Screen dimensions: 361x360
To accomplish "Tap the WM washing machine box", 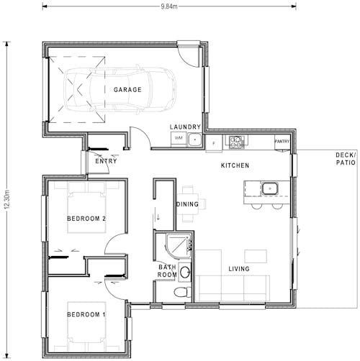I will pyautogui.click(x=178, y=137).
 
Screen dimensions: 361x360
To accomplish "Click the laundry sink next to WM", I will pyautogui.click(x=193, y=138).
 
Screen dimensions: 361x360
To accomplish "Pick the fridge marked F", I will pyautogui.click(x=214, y=142).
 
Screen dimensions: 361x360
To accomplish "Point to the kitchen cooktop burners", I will pyautogui.click(x=235, y=142).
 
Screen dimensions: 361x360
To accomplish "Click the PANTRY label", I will pyautogui.click(x=282, y=142).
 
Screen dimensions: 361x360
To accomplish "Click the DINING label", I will pyautogui.click(x=188, y=204).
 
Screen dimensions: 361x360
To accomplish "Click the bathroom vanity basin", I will pyautogui.click(x=184, y=272).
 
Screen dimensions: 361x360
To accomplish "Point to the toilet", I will pyautogui.click(x=184, y=292).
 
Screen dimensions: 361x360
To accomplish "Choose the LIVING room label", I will pyautogui.click(x=239, y=270).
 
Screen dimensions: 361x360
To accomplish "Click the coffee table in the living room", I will pyautogui.click(x=255, y=256).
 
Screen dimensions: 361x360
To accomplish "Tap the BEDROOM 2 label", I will pyautogui.click(x=86, y=219).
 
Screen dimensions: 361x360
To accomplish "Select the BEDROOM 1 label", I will pyautogui.click(x=86, y=315).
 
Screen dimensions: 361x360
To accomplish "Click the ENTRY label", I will pyautogui.click(x=106, y=162).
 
